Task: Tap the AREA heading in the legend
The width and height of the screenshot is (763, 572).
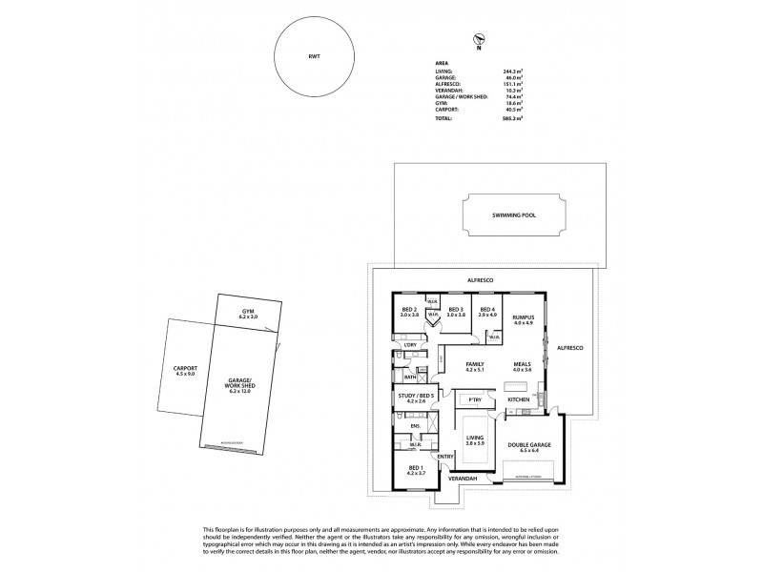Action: (441, 62)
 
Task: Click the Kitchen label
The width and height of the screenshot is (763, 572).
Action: (518, 398)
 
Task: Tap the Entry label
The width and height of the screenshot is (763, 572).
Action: (446, 457)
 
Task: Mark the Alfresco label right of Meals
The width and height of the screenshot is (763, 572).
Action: (568, 349)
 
